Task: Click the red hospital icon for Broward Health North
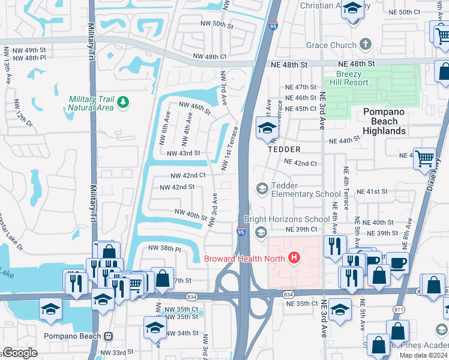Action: (x=294, y=259)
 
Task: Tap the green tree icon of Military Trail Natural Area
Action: (x=123, y=103)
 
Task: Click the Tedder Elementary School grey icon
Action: (x=261, y=189)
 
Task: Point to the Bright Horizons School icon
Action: (x=261, y=232)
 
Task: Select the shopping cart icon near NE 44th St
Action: (x=425, y=159)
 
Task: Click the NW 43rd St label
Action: (x=183, y=154)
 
